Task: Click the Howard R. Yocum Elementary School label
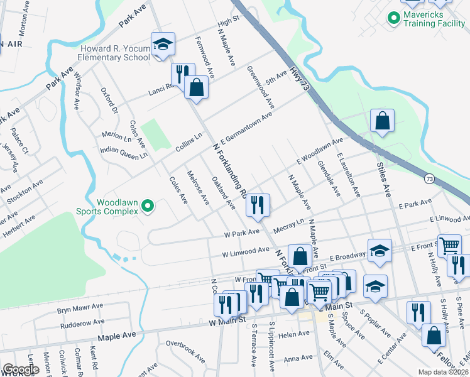coord(114,53)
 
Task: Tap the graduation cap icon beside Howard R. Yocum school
coord(163,44)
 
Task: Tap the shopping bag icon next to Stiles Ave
coord(382,119)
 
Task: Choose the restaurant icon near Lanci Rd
coord(182,74)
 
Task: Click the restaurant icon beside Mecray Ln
coord(258,204)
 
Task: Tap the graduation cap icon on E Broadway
coord(380,251)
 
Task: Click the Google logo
coord(20,369)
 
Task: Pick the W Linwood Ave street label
coord(245,251)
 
